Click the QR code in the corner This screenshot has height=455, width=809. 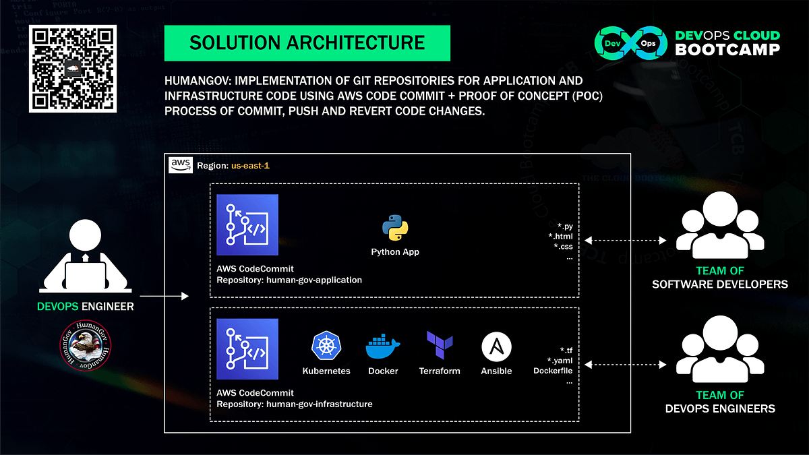click(73, 69)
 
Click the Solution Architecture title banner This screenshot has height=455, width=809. click(307, 43)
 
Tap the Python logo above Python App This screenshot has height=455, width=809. click(395, 229)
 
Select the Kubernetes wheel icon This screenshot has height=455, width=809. click(326, 346)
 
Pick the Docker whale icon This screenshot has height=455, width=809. click(383, 347)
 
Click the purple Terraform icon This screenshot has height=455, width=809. click(440, 346)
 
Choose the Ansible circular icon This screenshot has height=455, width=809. click(496, 347)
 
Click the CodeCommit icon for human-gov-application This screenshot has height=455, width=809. click(247, 225)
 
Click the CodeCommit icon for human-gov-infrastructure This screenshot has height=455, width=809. click(247, 349)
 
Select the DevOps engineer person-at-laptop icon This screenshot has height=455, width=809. click(86, 260)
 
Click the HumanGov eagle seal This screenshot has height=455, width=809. click(86, 346)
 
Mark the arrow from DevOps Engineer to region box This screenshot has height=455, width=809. click(164, 296)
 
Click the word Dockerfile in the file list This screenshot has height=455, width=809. click(553, 371)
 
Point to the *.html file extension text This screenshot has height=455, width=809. click(560, 237)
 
